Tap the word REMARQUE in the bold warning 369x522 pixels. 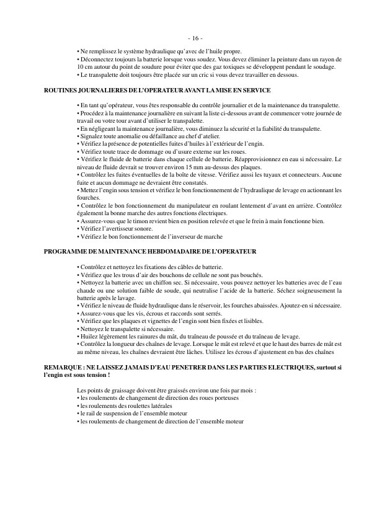pyautogui.click(x=63, y=368)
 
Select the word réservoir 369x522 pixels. pyautogui.click(x=202, y=305)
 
